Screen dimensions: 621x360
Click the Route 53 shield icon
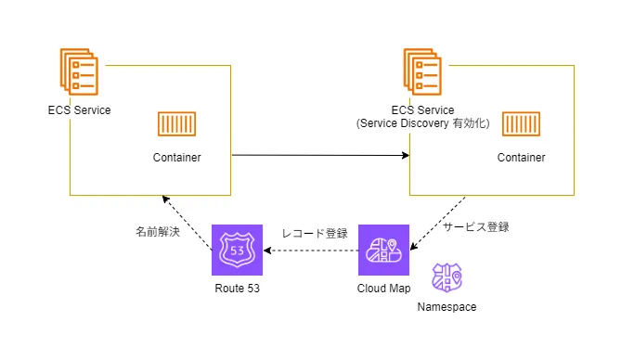click(237, 250)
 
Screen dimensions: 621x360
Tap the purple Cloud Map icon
click(383, 250)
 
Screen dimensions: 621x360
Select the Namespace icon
click(446, 277)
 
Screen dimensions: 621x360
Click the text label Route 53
click(237, 289)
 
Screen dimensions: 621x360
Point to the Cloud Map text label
click(383, 289)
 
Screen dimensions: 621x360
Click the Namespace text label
click(446, 307)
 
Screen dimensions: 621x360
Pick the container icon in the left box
click(176, 124)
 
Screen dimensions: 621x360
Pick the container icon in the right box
click(521, 124)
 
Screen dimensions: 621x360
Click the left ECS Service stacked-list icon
click(79, 71)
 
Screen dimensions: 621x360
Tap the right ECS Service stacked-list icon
click(422, 71)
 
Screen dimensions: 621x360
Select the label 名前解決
click(158, 231)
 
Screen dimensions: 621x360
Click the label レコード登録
click(315, 233)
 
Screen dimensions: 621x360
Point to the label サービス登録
click(475, 227)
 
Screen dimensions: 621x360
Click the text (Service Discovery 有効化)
click(422, 123)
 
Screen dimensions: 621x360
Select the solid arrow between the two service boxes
click(320, 155)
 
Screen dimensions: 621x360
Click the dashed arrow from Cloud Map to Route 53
click(311, 251)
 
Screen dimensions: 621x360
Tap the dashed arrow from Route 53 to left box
click(187, 223)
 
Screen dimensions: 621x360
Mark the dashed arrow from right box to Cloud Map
click(437, 224)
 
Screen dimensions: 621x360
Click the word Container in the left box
click(176, 158)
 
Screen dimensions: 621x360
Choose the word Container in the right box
click(521, 158)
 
